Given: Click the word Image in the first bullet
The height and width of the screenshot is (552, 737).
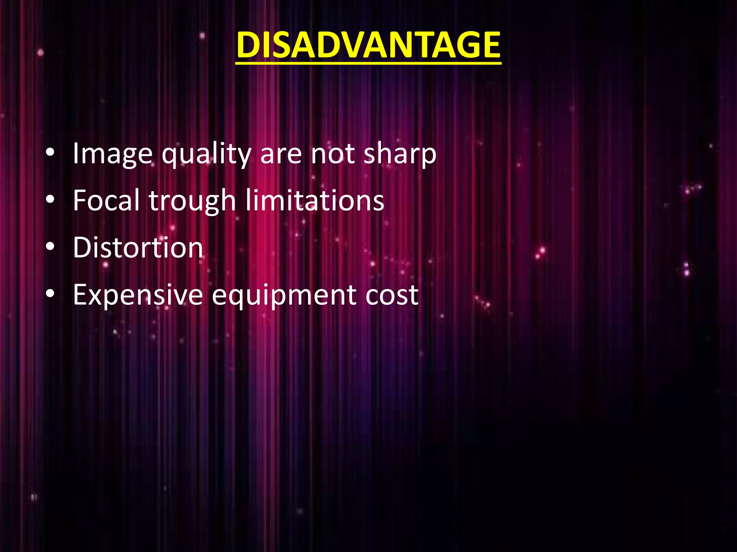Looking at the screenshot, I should click(113, 154).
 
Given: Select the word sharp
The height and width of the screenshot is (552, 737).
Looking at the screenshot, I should click(400, 155).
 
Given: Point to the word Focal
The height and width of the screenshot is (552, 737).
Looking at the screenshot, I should click(106, 200).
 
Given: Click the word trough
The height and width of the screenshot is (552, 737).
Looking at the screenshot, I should click(192, 201).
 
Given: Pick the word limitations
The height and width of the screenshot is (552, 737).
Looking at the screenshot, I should click(315, 200).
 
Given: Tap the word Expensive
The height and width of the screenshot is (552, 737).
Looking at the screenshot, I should click(138, 295).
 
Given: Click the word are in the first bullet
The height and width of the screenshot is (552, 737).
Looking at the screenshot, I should click(281, 155).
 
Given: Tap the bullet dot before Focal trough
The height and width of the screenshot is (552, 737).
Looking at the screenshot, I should click(50, 200).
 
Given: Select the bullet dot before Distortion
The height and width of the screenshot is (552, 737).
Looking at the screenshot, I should click(50, 247).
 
